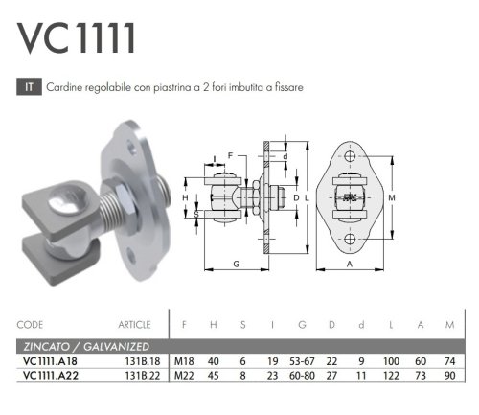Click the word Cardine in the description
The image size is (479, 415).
click(x=62, y=87)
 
